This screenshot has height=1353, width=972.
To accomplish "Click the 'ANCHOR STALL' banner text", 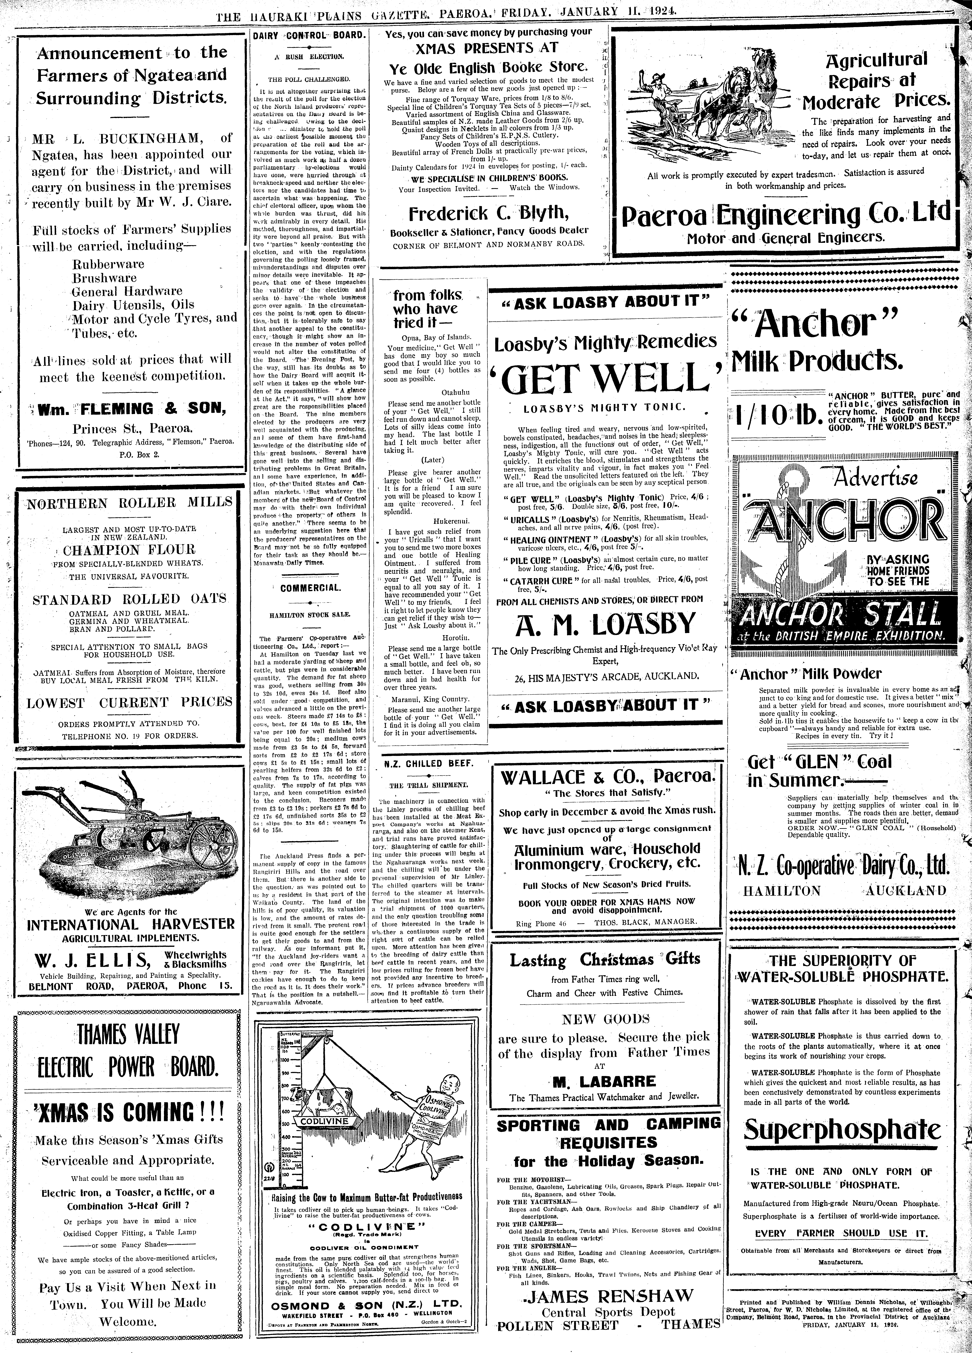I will click(x=841, y=613).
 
